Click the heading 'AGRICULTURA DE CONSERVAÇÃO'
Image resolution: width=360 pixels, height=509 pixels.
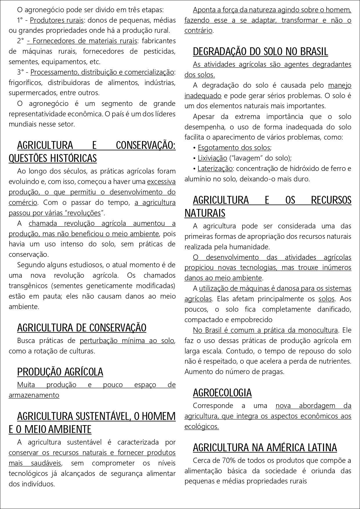[x=82, y=328]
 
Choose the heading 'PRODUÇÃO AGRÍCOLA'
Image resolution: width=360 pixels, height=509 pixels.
[x=60, y=372]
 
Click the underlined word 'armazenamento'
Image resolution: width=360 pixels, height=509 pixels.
[x=34, y=395]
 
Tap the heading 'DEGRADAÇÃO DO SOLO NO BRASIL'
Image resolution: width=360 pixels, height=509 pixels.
[x=260, y=52]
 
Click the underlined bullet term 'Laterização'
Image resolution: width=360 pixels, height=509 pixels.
[x=215, y=169]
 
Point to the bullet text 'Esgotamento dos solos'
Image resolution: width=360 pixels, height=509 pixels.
[x=234, y=148]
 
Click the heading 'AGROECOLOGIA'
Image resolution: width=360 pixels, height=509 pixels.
[x=222, y=393]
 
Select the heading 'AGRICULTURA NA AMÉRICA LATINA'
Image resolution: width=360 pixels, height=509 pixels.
[x=265, y=447]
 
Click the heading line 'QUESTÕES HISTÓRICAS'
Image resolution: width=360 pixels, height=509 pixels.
[x=53, y=158]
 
